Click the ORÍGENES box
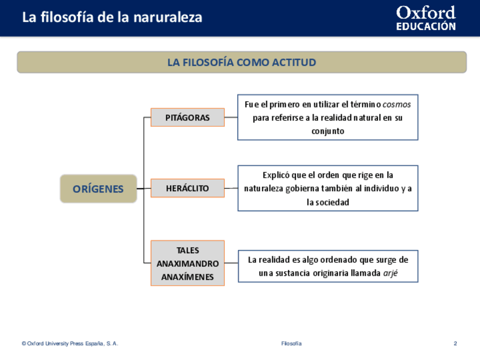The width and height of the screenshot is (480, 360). click(x=98, y=189)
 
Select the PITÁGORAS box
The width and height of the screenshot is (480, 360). click(x=187, y=118)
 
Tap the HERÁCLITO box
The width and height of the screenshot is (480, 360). click(x=187, y=188)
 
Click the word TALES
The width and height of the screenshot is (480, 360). click(x=187, y=250)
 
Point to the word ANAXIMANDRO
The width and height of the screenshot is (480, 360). click(x=187, y=264)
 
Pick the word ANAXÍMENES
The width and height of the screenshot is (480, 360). click(x=187, y=277)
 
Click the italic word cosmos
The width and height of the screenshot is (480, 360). click(x=397, y=105)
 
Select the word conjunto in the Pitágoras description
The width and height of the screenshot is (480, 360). click(x=328, y=131)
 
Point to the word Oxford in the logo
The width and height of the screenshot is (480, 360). click(x=426, y=13)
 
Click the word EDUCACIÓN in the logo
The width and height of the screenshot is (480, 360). click(x=426, y=27)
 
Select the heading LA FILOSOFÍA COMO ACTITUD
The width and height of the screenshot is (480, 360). click(x=242, y=62)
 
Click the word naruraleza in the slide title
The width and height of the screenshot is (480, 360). click(x=168, y=18)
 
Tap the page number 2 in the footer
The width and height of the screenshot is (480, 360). click(x=455, y=344)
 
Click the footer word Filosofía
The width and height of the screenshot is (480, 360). click(x=292, y=344)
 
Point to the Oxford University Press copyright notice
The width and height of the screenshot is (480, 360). click(x=70, y=344)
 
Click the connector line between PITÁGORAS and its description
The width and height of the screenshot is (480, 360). click(x=231, y=118)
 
